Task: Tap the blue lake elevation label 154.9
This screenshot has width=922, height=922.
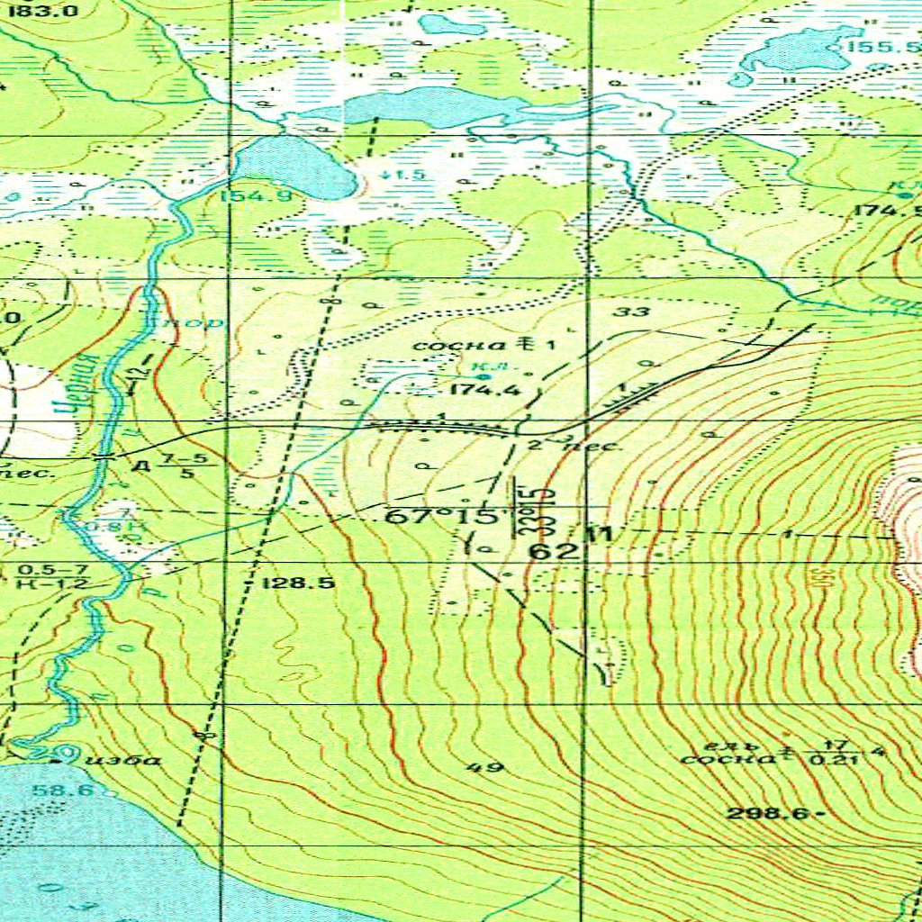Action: (246, 196)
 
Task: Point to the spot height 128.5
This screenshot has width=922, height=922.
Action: (298, 583)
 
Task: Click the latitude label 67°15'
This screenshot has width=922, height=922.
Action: (442, 518)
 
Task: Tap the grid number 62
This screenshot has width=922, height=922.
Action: (548, 551)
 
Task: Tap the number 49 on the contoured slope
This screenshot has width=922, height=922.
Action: (485, 767)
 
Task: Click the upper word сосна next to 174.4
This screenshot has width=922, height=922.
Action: (445, 345)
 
